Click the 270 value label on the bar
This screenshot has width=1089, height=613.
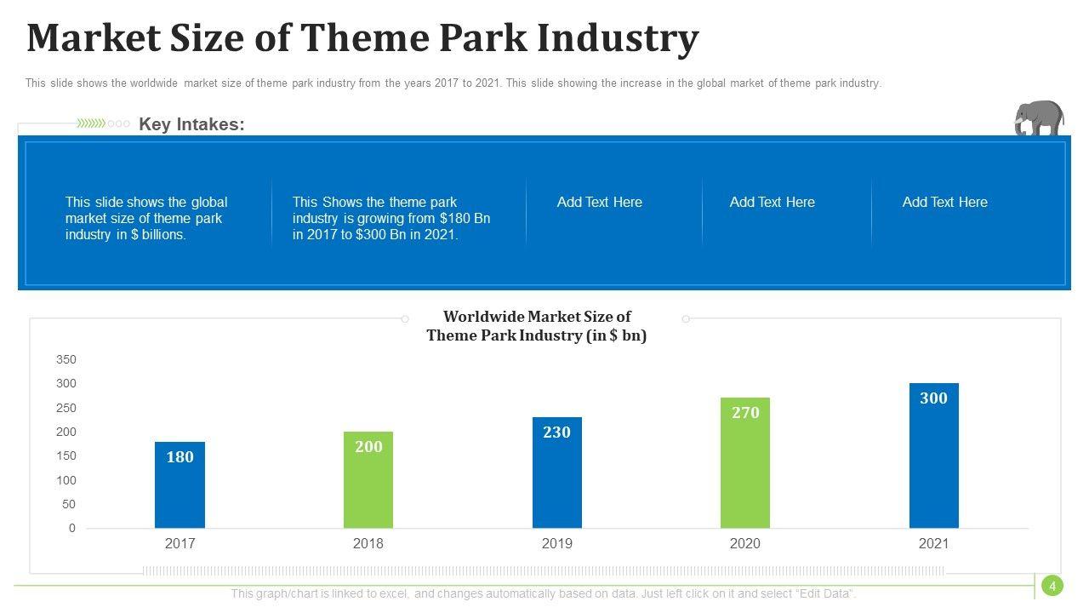click(745, 413)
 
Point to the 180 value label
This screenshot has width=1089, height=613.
click(180, 457)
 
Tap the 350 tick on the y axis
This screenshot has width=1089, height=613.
click(66, 360)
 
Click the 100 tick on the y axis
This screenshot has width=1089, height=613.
click(66, 480)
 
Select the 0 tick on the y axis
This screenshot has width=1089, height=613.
click(72, 529)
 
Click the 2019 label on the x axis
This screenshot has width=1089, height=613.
click(557, 544)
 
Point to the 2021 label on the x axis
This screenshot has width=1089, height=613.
click(933, 544)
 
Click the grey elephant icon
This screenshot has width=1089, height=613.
click(1039, 118)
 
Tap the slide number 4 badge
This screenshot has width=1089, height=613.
click(1052, 586)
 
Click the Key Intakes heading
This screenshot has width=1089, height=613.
click(191, 124)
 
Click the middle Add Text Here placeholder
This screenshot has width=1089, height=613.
click(773, 203)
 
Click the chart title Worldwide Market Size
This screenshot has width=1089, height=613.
click(537, 317)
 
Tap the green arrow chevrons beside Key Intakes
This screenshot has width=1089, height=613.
click(91, 123)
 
